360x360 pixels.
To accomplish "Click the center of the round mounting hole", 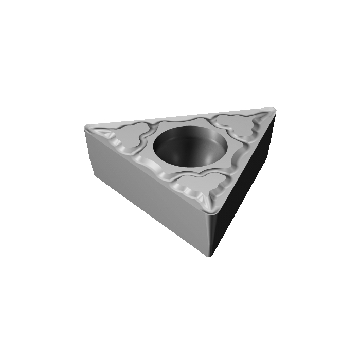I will click(189, 147).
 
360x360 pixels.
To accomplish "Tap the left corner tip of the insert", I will click(86, 127).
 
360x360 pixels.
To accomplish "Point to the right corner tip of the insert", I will click(273, 109).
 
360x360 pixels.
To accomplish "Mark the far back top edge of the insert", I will click(180, 116).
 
